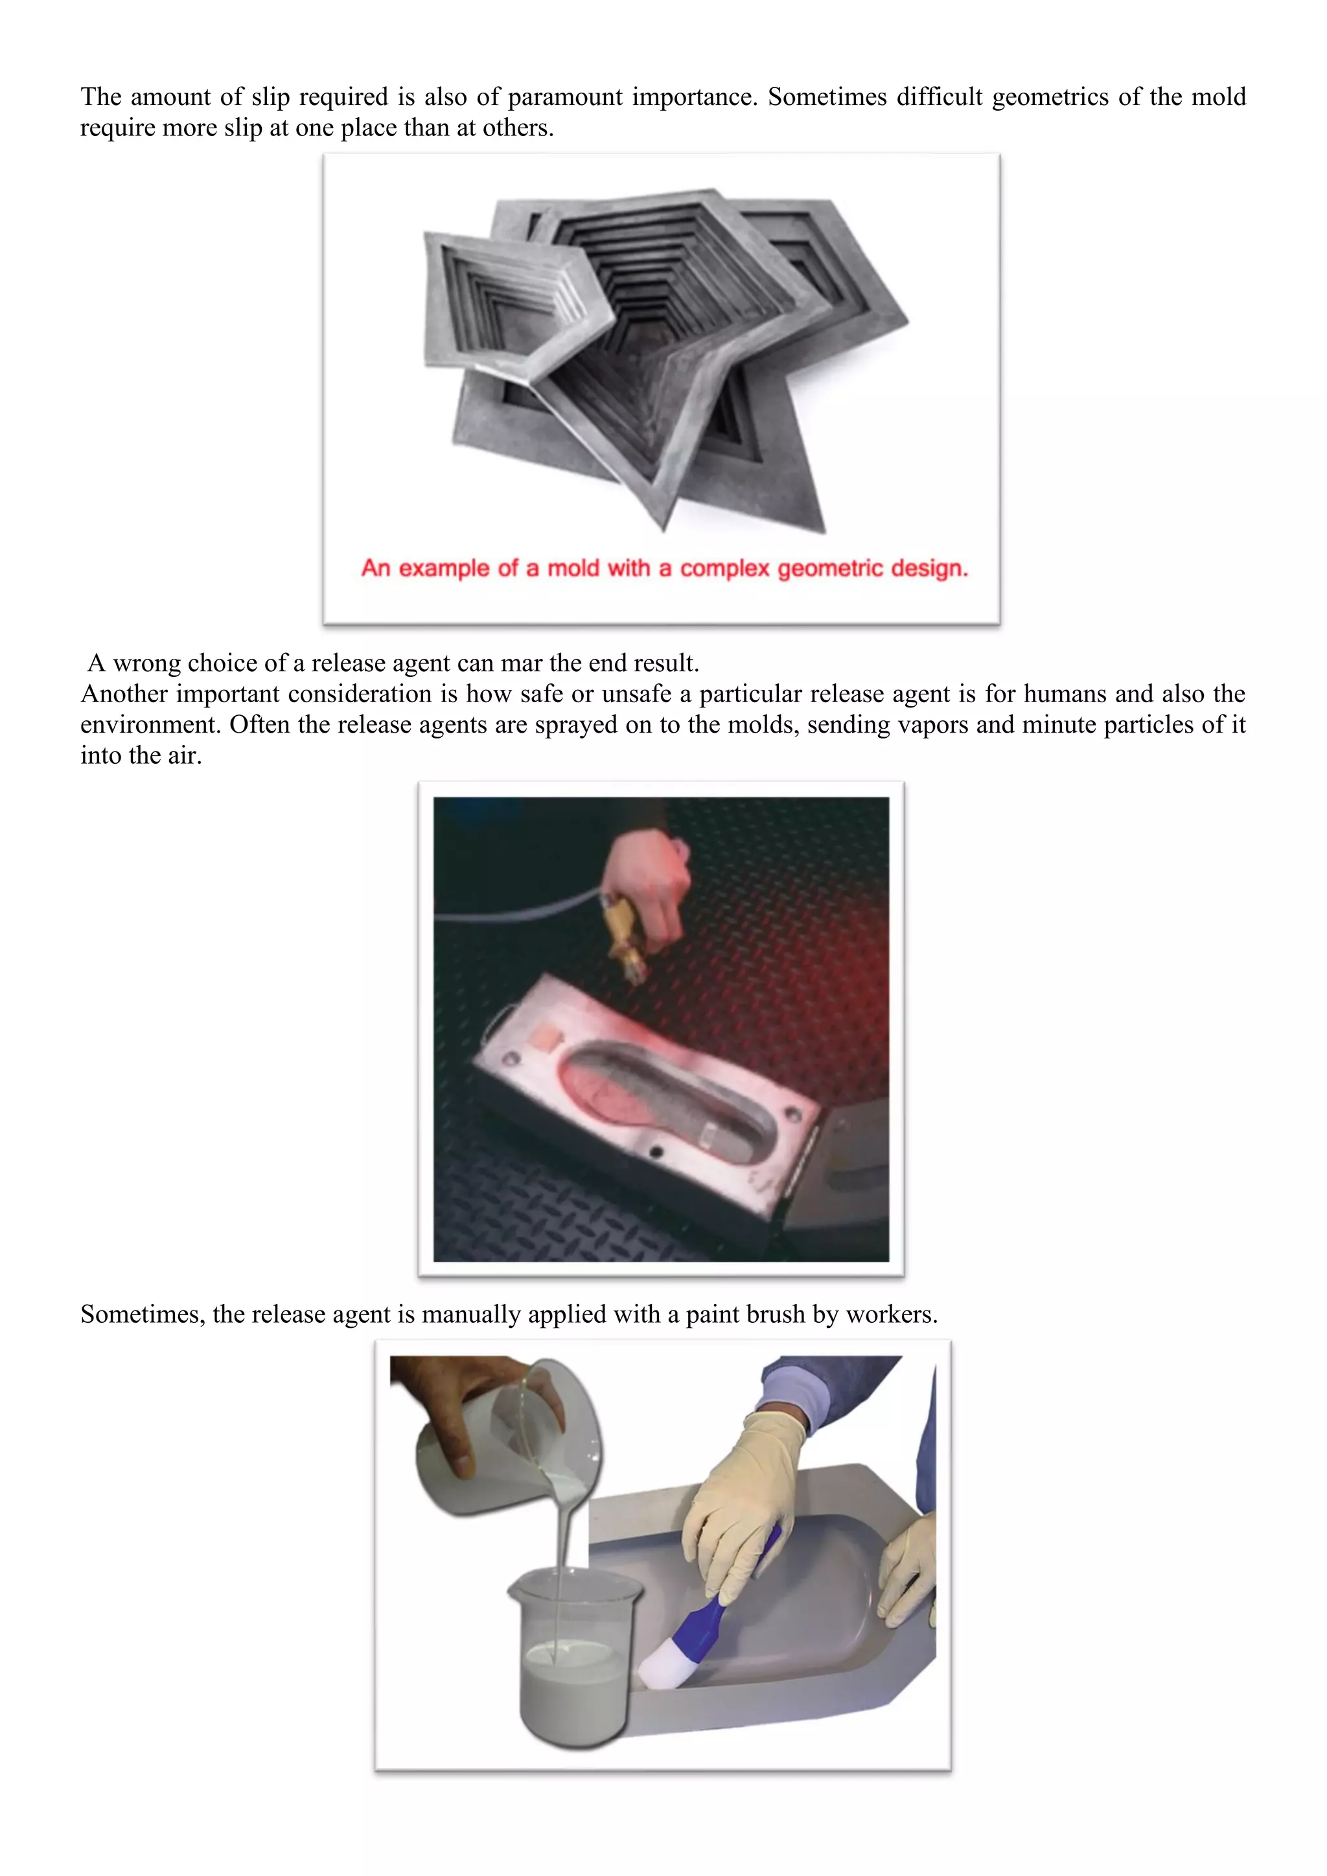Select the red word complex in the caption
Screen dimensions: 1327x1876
pyautogui.click(x=725, y=568)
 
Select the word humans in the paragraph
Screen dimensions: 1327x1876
pyautogui.click(x=1065, y=694)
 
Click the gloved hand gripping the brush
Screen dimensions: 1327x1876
pyautogui.click(x=744, y=1503)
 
